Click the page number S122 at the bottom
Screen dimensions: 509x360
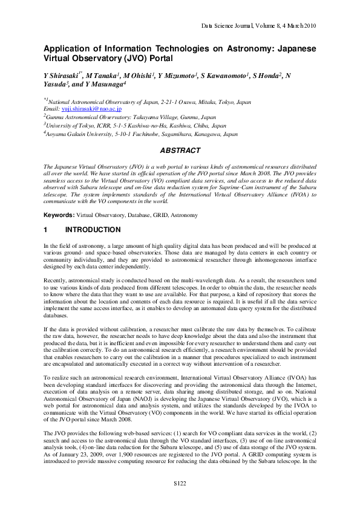pos(180,484)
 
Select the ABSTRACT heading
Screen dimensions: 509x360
pos(180,150)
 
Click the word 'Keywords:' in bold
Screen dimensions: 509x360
pos(58,215)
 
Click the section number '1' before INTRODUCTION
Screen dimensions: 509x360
pos(45,230)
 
